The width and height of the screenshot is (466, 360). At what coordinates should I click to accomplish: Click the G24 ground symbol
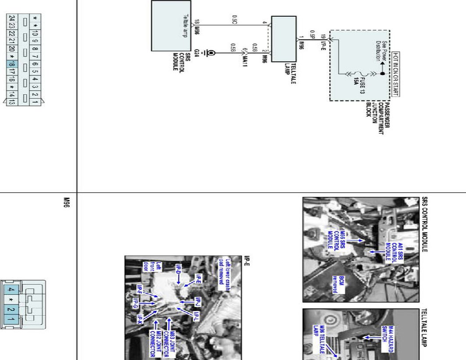pos(211,53)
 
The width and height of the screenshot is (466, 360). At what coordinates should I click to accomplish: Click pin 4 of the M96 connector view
pos(11,290)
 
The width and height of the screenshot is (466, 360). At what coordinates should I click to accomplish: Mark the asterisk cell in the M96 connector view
pos(11,300)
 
